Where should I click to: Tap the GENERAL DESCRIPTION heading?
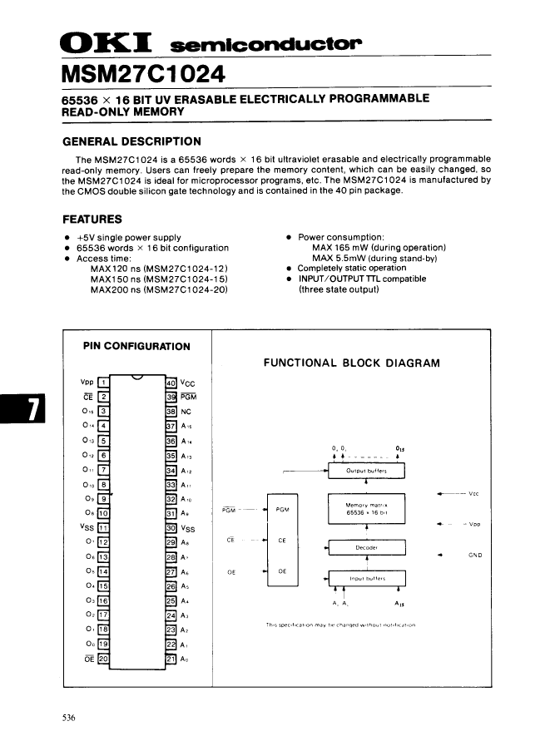coord(132,141)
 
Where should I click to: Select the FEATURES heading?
coord(92,220)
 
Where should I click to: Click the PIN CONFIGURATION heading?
coord(136,346)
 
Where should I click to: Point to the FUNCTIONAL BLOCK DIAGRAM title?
coord(352,363)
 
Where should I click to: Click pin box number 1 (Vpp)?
coord(104,382)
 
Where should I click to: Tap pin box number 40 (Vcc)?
coord(171,382)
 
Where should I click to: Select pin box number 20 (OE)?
coord(104,659)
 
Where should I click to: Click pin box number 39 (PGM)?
coord(171,397)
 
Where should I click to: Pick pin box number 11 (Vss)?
coord(104,527)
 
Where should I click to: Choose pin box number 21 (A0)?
coord(171,659)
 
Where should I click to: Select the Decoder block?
coord(366,548)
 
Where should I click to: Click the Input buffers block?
coord(366,579)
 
